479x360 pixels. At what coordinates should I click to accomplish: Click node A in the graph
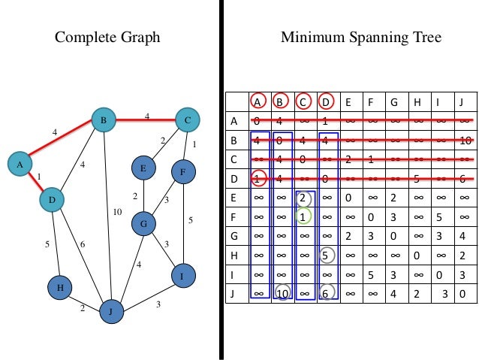click(20, 163)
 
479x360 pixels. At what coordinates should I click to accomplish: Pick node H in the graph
click(59, 287)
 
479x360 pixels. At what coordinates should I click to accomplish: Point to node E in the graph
click(143, 168)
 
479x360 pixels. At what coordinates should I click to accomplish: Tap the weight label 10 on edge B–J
click(116, 212)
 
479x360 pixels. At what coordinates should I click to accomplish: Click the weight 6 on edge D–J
click(83, 245)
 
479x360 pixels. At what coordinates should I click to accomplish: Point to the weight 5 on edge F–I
click(191, 220)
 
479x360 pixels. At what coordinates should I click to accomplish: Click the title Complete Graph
click(107, 37)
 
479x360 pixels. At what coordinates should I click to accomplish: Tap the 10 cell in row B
click(465, 141)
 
